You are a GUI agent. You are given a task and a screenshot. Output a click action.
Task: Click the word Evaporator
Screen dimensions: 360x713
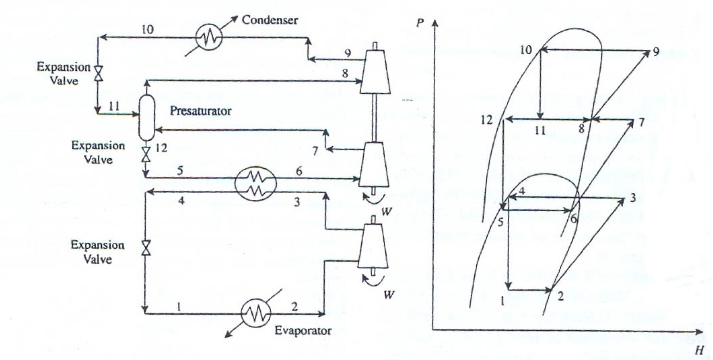[x=303, y=330]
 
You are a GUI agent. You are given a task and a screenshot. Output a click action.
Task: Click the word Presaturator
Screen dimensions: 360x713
[x=200, y=111]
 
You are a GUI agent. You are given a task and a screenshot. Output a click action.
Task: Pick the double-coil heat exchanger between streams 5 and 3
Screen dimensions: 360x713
[x=256, y=184]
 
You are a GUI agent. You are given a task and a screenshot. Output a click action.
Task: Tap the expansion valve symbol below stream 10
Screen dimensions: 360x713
[x=99, y=73]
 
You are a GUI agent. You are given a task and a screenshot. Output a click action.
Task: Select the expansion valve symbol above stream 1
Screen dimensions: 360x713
[x=146, y=248]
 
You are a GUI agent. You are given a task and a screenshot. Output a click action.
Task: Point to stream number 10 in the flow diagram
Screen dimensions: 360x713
[x=147, y=29]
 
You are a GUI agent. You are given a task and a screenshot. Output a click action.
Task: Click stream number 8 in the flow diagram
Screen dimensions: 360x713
[x=345, y=73]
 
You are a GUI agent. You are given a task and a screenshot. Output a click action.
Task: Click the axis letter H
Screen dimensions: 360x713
[x=699, y=350]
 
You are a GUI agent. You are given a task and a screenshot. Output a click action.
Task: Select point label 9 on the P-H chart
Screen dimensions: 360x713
[x=656, y=51]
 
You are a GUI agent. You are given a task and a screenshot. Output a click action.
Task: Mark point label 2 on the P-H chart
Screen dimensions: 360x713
[x=560, y=296]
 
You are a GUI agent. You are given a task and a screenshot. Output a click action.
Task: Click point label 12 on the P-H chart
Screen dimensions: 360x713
[x=487, y=120]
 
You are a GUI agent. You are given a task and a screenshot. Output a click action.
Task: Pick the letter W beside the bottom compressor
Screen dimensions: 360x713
[x=388, y=295]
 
